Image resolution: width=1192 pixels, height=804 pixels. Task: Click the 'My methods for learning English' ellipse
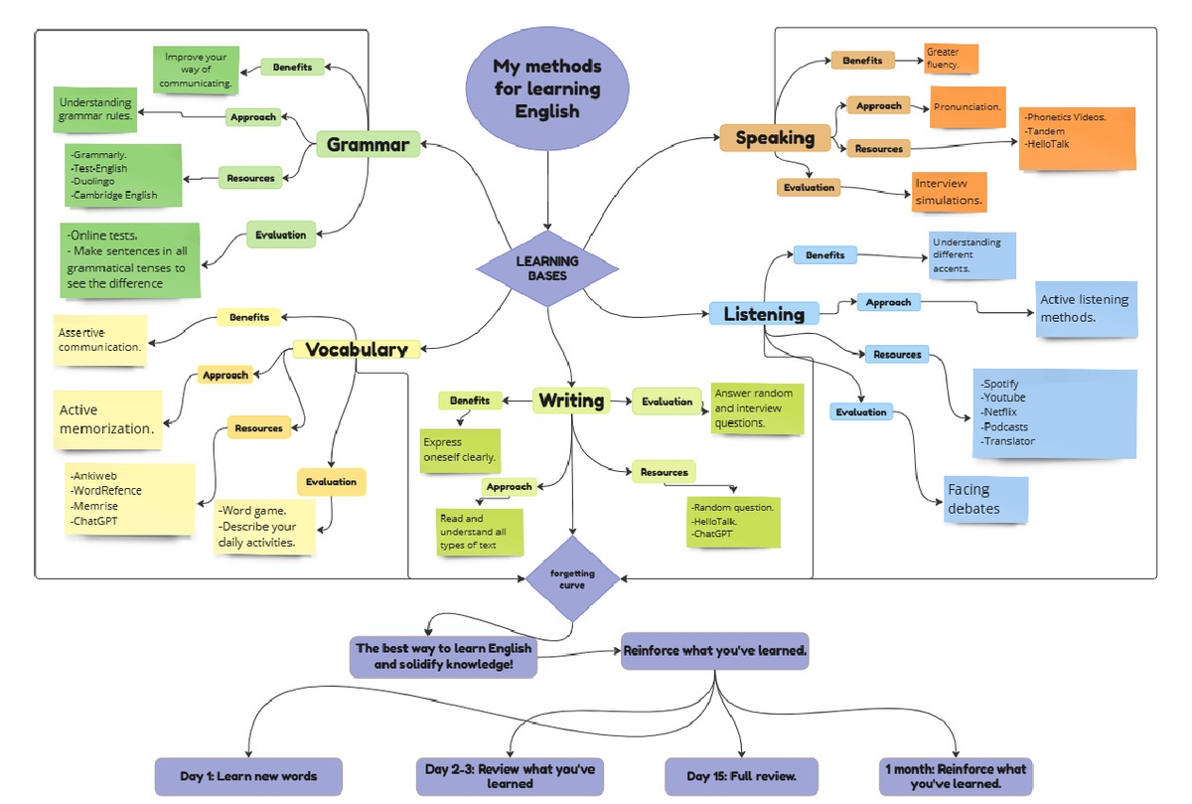[x=547, y=87]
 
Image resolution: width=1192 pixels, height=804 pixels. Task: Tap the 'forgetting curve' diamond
[x=572, y=578]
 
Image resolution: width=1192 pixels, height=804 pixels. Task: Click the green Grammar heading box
[x=369, y=146]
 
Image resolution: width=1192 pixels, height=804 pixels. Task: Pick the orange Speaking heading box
[x=775, y=138]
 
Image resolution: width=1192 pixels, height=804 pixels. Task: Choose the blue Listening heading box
[x=764, y=314]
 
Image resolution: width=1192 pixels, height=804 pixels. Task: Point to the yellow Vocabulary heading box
[x=357, y=350]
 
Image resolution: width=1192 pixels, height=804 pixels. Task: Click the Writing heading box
[x=571, y=401]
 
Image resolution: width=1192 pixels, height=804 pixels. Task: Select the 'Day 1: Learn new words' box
[x=248, y=776]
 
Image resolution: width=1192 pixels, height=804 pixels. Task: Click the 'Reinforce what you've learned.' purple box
[x=714, y=652]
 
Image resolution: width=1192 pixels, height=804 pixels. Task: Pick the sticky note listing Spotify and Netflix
[x=1054, y=413]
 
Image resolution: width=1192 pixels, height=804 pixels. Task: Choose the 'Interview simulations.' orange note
[x=950, y=192]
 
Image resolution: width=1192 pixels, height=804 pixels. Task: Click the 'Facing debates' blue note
[x=984, y=499]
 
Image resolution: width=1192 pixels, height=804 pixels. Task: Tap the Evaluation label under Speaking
[x=809, y=187]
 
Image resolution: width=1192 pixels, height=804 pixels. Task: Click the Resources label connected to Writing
[x=665, y=472]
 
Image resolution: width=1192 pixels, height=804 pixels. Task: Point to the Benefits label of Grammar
[x=291, y=68]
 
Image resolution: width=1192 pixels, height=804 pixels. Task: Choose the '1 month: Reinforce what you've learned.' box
[x=956, y=775]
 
